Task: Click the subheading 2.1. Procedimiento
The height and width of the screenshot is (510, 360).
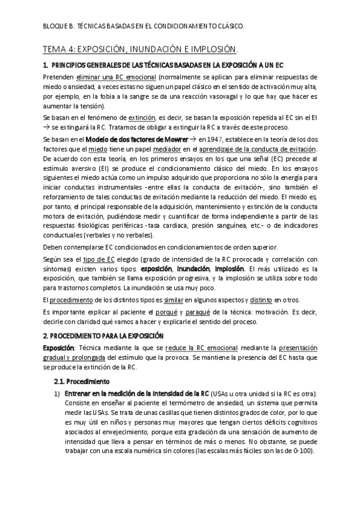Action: point(82,381)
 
